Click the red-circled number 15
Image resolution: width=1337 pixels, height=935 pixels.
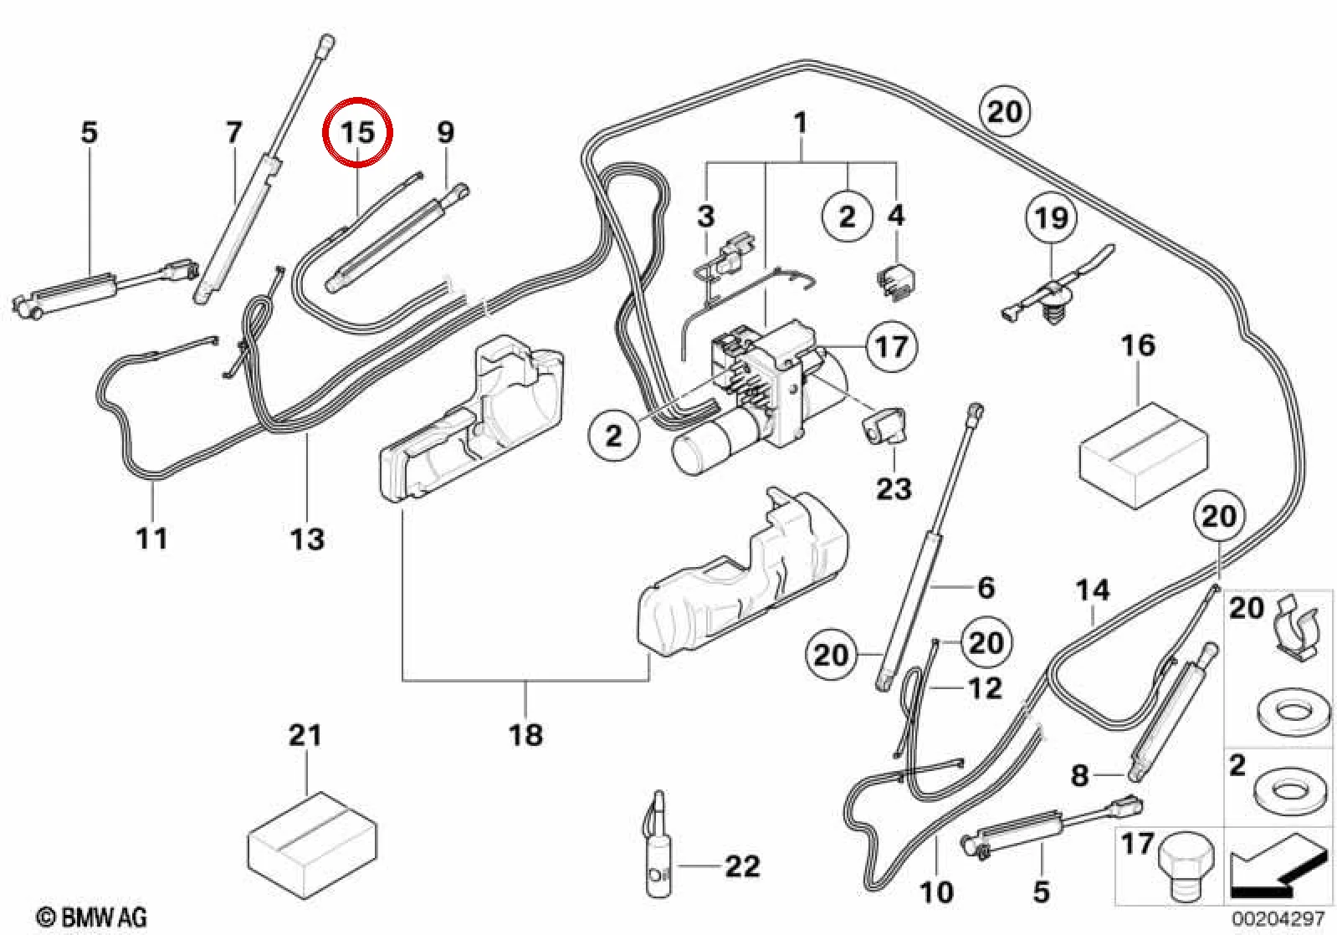point(357,132)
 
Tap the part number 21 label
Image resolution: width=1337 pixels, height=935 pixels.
point(305,735)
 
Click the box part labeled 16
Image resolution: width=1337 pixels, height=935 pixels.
point(1144,457)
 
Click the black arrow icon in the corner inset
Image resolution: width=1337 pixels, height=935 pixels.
point(1279,876)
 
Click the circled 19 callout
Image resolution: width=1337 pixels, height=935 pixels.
point(1051,218)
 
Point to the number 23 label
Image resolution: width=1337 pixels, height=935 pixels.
point(894,488)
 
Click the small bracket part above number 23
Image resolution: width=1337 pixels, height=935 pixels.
point(884,425)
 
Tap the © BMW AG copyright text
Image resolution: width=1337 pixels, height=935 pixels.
point(92,917)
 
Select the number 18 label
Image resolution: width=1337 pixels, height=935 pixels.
point(525,734)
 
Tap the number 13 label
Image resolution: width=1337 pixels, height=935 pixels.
point(308,539)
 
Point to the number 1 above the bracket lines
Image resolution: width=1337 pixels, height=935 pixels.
point(801,123)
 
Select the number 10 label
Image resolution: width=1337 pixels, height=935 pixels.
point(937,892)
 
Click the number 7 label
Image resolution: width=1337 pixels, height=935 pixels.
point(234,132)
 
